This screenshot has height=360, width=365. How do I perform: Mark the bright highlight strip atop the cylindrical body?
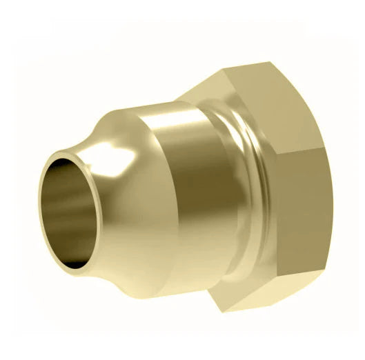pyautogui.click(x=172, y=124)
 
